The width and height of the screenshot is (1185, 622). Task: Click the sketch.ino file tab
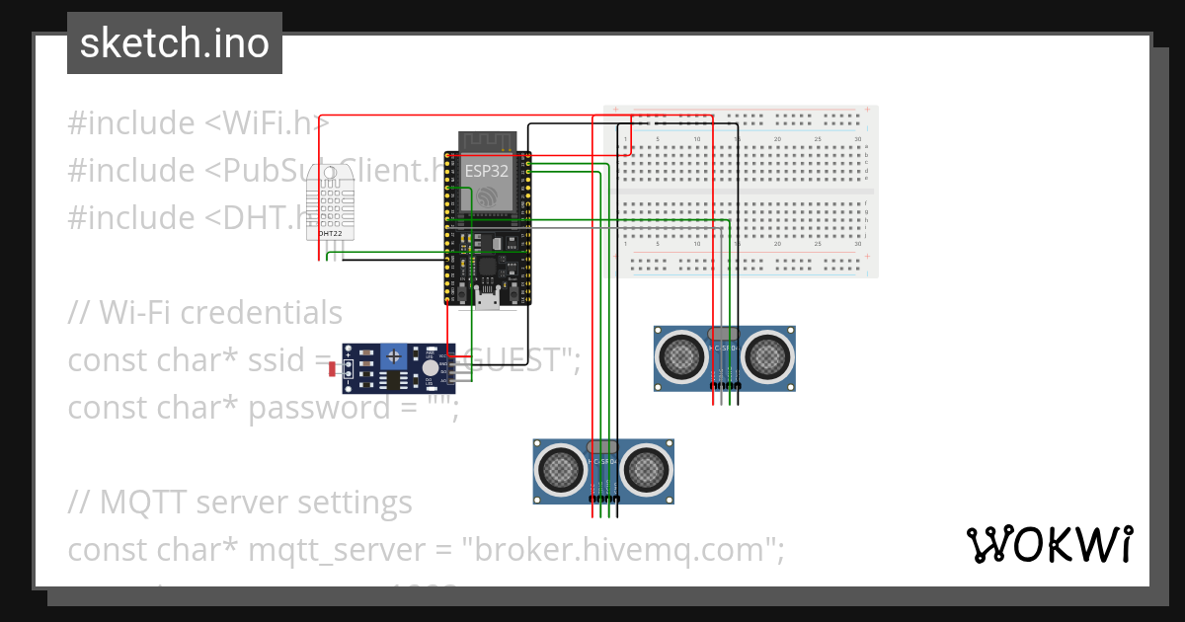coord(175,43)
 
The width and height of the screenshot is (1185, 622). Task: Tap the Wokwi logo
coord(1049,544)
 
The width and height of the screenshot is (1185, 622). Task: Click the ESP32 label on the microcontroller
coord(487,171)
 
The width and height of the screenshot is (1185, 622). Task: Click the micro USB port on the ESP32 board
coord(486,296)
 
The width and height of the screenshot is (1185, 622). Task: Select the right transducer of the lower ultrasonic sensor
coord(647,468)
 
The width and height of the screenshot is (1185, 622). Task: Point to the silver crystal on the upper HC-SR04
coord(724,335)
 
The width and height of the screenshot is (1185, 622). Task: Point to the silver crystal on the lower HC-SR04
coord(603,448)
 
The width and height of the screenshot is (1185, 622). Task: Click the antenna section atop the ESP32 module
coord(486,140)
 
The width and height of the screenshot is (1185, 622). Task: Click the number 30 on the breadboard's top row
coord(857,139)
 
